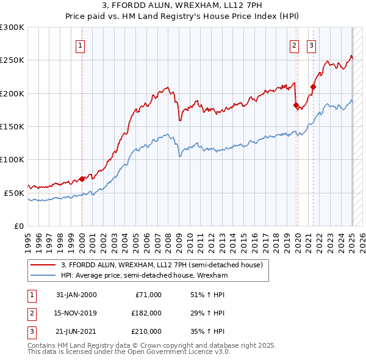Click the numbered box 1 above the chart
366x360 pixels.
[x=81, y=45]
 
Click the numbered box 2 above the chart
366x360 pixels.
[x=294, y=45]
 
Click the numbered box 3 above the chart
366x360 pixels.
[x=311, y=45]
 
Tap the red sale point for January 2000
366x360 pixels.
[x=82, y=179]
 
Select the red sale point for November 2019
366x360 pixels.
[x=296, y=106]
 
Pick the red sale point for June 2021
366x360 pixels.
[x=313, y=87]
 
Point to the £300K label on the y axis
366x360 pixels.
[x=12, y=27]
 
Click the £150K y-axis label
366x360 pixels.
[x=12, y=126]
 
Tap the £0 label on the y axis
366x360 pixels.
[x=18, y=225]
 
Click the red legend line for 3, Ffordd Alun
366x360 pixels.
[x=43, y=265]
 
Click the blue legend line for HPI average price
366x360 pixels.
[x=43, y=275]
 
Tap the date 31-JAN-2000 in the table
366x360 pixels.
[x=76, y=295]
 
